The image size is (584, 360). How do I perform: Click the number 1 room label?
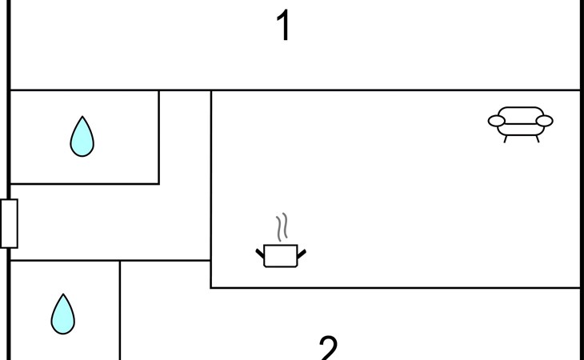(282, 26)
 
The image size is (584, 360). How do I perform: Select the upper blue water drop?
(82, 137)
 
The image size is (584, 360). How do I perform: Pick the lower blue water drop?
(63, 314)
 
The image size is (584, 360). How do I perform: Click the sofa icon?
(521, 122)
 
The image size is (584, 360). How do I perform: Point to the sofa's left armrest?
(497, 122)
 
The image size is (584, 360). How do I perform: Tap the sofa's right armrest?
(544, 122)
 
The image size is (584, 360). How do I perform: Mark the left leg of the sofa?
(506, 138)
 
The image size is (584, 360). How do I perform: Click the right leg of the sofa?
(537, 138)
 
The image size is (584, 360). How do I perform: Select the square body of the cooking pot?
(280, 256)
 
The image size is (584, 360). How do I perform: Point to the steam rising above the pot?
(280, 228)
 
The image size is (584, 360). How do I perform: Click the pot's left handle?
(260, 254)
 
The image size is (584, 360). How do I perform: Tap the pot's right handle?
(301, 254)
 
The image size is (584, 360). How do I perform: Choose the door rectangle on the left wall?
(9, 223)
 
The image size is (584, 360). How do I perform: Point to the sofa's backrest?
(521, 112)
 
